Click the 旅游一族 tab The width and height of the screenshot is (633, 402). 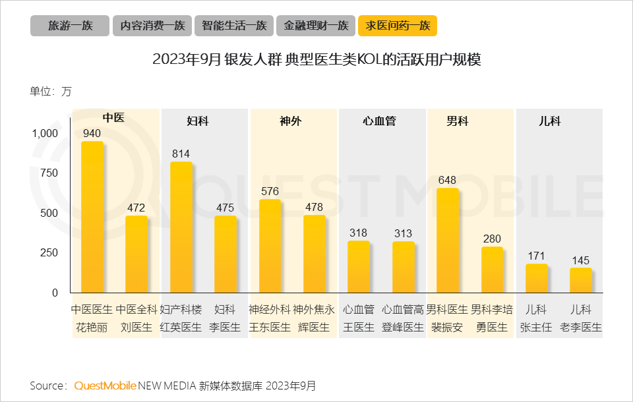tap(69, 26)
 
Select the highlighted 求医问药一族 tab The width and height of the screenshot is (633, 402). tap(398, 26)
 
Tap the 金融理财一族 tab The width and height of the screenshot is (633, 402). tap(316, 26)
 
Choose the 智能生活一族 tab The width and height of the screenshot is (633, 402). tap(234, 26)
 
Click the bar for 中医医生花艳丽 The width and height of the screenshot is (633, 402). tap(92, 217)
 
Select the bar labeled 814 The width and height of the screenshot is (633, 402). tap(181, 227)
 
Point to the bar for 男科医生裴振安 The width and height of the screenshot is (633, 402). tap(448, 241)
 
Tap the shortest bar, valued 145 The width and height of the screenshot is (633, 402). tap(581, 280)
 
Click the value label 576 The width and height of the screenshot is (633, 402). tap(270, 191)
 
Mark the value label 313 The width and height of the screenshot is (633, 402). tap(403, 233)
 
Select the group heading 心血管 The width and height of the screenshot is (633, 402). tap(379, 121)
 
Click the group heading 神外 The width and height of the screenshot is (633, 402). tap(290, 121)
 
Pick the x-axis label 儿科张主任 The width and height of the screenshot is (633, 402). tap(536, 318)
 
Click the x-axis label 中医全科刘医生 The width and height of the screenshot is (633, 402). tap(136, 318)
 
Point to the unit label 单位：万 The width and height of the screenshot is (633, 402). tap(51, 92)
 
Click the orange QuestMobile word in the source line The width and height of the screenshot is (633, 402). tap(105, 385)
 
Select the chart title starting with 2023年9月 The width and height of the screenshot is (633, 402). tap(316, 59)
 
